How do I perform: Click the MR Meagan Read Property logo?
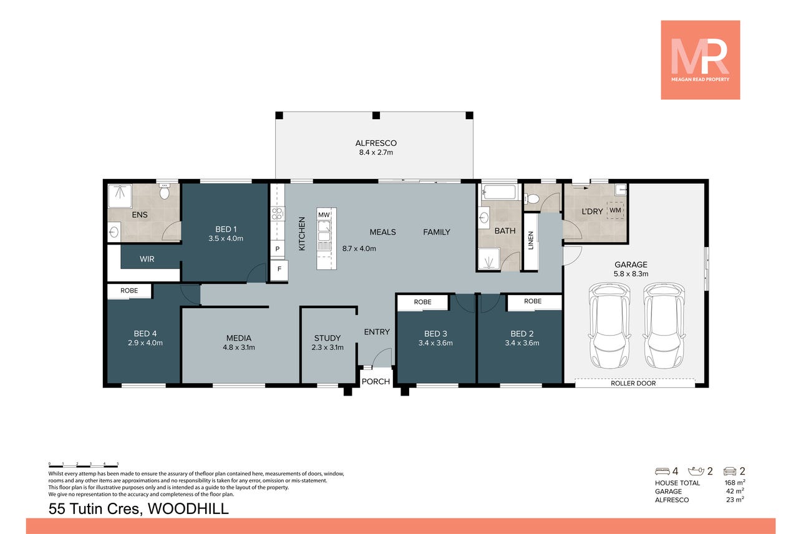tap(700, 60)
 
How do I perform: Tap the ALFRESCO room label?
tap(376, 143)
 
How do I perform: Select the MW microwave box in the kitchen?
tap(324, 215)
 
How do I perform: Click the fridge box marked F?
tap(279, 269)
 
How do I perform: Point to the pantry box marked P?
tap(277, 248)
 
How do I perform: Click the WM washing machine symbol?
tap(615, 210)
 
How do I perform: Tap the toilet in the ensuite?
tap(164, 192)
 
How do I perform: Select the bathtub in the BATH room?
tap(500, 192)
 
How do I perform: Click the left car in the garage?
tap(609, 326)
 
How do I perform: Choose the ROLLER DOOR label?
tap(633, 384)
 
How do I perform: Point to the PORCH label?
tap(376, 381)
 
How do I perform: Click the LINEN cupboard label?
tap(531, 240)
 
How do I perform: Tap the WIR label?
tap(147, 259)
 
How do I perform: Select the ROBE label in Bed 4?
tap(129, 291)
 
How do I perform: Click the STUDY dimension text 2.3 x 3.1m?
tap(327, 347)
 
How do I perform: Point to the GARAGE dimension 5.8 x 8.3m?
tap(631, 274)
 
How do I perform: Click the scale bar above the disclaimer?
tap(84, 465)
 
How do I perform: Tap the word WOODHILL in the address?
tap(188, 508)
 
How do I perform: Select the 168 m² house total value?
tap(735, 482)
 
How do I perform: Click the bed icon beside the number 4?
tap(663, 471)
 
